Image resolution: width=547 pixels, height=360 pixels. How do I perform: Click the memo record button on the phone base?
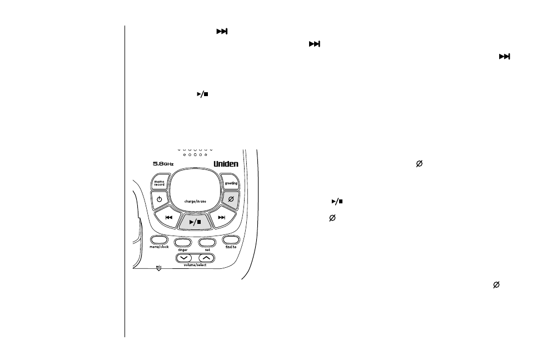tap(159, 182)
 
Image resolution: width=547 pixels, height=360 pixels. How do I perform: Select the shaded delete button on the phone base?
tap(229, 199)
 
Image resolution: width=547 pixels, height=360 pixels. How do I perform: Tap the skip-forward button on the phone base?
tap(222, 217)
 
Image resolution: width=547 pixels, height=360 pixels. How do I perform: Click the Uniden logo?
tap(227, 164)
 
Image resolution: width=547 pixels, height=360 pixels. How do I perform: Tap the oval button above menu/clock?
tap(158, 240)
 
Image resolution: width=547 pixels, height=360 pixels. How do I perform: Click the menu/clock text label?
tap(159, 247)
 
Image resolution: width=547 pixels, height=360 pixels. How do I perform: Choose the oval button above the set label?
tap(207, 243)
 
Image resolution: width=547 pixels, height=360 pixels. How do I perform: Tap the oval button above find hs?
tap(231, 240)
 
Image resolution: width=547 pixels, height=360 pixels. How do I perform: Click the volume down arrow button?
tap(186, 257)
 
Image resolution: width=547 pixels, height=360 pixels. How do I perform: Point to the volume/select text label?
tap(196, 265)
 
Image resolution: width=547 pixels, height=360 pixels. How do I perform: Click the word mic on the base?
tap(158, 266)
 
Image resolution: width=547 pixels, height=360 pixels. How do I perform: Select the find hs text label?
tap(230, 247)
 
